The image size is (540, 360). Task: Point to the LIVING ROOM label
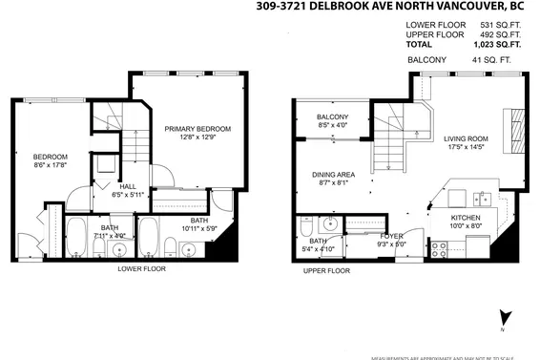[466, 138]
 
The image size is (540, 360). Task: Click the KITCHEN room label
[467, 217]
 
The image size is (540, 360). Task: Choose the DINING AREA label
[334, 175]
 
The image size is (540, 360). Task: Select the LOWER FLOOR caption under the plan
[142, 269]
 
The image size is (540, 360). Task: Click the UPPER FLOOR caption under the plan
[327, 271]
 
